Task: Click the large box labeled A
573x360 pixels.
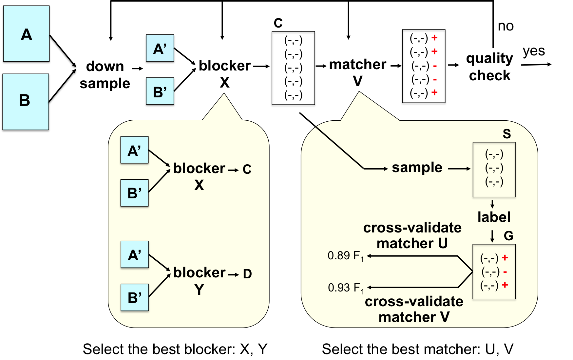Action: point(26,34)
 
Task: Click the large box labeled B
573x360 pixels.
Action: point(26,102)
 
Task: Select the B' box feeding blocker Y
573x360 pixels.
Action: point(135,297)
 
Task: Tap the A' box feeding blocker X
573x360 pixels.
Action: point(134,150)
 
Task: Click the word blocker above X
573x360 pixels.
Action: point(199,169)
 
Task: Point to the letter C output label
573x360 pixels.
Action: point(247,170)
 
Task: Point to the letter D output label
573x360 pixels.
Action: point(247,274)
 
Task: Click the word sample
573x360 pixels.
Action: point(417,168)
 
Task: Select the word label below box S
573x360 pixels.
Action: point(494,217)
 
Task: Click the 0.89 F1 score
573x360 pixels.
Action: point(346,256)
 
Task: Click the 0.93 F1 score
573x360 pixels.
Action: point(346,288)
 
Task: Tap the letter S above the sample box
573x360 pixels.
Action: point(506,134)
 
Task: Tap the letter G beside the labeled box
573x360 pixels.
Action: point(508,236)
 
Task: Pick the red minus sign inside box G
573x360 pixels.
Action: point(505,272)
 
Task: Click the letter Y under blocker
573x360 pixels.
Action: point(199,290)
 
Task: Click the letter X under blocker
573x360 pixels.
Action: point(199,185)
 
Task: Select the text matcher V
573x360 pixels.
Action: point(414,317)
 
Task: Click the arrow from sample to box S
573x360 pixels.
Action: point(459,169)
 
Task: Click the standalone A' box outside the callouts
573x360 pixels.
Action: point(160,48)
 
